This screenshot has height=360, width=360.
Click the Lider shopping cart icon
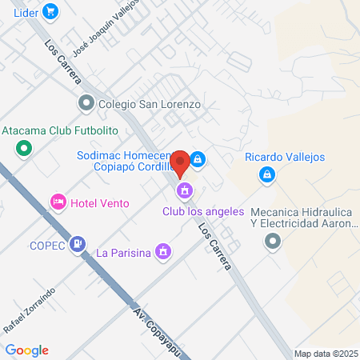coord(50,11)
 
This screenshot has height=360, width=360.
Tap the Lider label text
coord(24,11)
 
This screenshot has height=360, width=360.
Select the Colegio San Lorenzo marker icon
coord(86,103)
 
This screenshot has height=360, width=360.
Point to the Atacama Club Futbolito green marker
coord(24,147)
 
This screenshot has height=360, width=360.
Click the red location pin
coord(181,162)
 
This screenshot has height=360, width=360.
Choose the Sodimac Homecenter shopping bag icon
coord(197,158)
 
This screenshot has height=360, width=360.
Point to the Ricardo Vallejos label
coord(285,158)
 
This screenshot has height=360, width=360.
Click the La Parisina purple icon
coord(162,252)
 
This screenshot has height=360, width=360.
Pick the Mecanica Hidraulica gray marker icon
coord(274,241)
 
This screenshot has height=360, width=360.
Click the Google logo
coord(27,350)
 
